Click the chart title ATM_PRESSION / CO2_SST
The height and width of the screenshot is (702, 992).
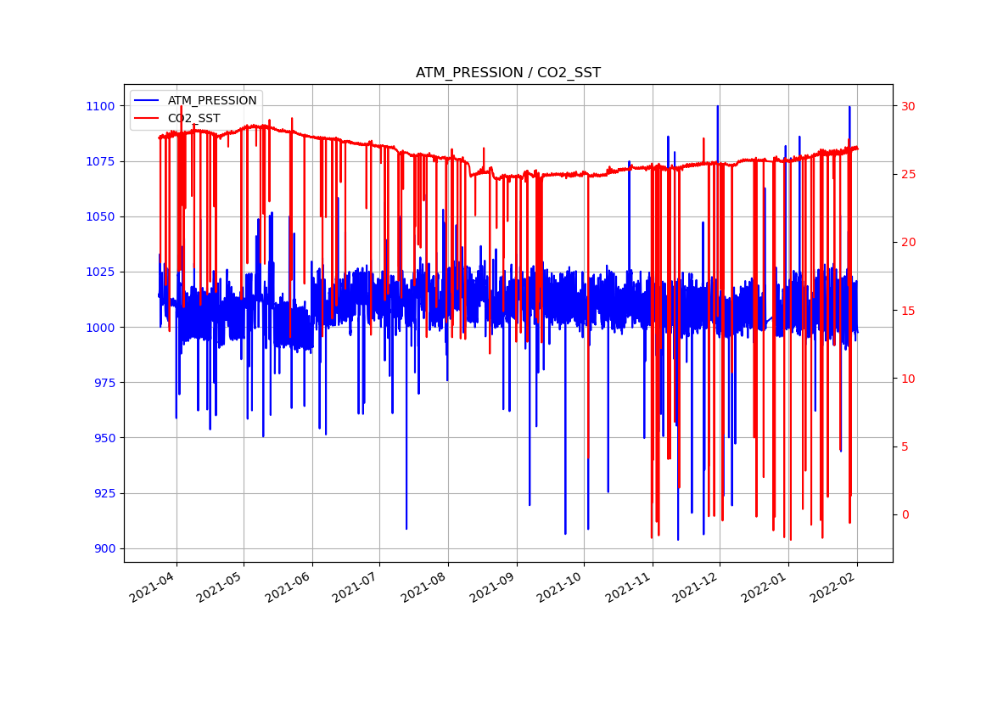click(x=507, y=73)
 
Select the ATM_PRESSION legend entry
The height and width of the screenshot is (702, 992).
click(x=211, y=100)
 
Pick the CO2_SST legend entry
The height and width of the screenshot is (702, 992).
click(x=193, y=118)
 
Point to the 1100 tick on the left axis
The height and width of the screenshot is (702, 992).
click(x=99, y=106)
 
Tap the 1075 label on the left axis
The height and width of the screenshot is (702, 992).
click(x=99, y=161)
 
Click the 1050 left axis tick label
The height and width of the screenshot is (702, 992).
click(x=99, y=216)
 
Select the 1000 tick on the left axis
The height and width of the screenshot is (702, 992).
click(x=99, y=328)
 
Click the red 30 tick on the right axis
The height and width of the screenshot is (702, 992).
click(x=908, y=106)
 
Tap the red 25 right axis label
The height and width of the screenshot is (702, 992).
click(x=908, y=174)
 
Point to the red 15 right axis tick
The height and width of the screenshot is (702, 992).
click(x=908, y=311)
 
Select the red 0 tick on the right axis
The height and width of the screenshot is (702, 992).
click(x=905, y=514)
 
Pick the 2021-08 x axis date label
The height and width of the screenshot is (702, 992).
click(x=425, y=587)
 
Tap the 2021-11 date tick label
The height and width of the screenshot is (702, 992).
click(x=630, y=587)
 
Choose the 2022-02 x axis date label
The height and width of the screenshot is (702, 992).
click(x=834, y=587)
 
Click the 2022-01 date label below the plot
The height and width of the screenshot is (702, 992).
click(x=765, y=587)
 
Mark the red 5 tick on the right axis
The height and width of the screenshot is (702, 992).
click(x=905, y=446)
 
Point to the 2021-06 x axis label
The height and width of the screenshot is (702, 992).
click(x=289, y=587)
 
